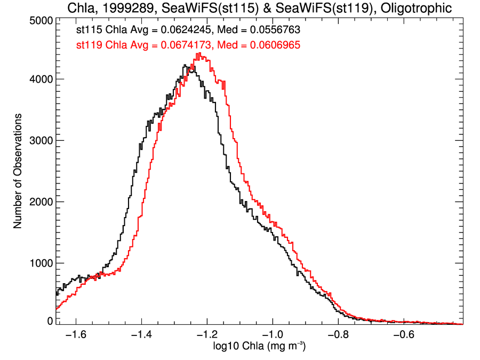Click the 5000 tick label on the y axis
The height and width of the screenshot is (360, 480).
39,20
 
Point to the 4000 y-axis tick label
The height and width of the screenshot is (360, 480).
39,79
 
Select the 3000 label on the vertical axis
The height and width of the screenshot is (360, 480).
39,140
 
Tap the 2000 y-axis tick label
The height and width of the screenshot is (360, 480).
39,202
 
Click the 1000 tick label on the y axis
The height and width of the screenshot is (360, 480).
39,263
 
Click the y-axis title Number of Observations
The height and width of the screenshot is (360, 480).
18,171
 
